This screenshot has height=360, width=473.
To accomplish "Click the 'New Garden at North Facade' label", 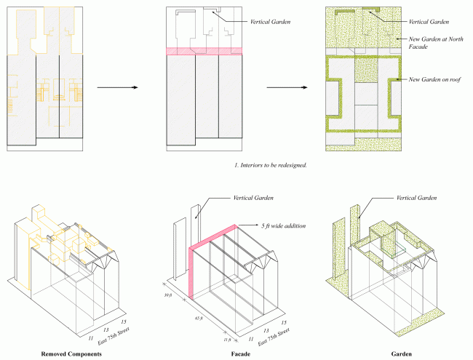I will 434,41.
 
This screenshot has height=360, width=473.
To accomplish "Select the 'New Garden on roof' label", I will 435,79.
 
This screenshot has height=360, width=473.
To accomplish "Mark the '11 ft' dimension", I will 227,339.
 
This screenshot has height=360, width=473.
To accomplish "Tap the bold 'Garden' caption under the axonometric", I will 400,354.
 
